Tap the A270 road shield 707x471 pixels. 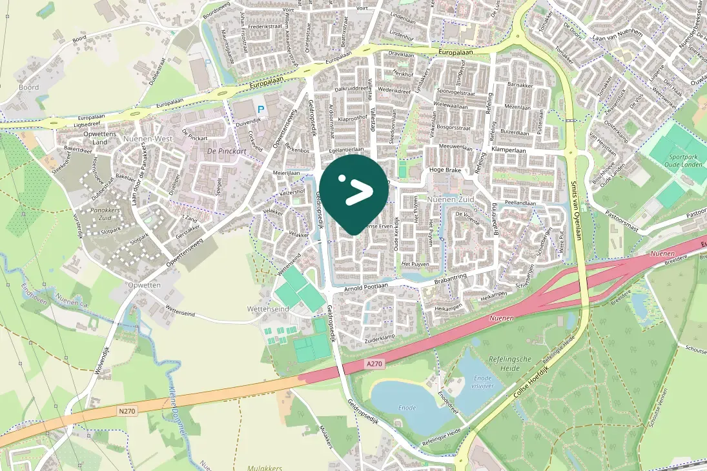click(x=374, y=364)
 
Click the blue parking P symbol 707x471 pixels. click(x=260, y=111)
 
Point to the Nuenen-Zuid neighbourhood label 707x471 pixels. click(x=451, y=200)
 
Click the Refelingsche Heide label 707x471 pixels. click(x=509, y=363)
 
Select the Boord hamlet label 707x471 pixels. click(x=28, y=87)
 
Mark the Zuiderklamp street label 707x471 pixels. click(x=379, y=337)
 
